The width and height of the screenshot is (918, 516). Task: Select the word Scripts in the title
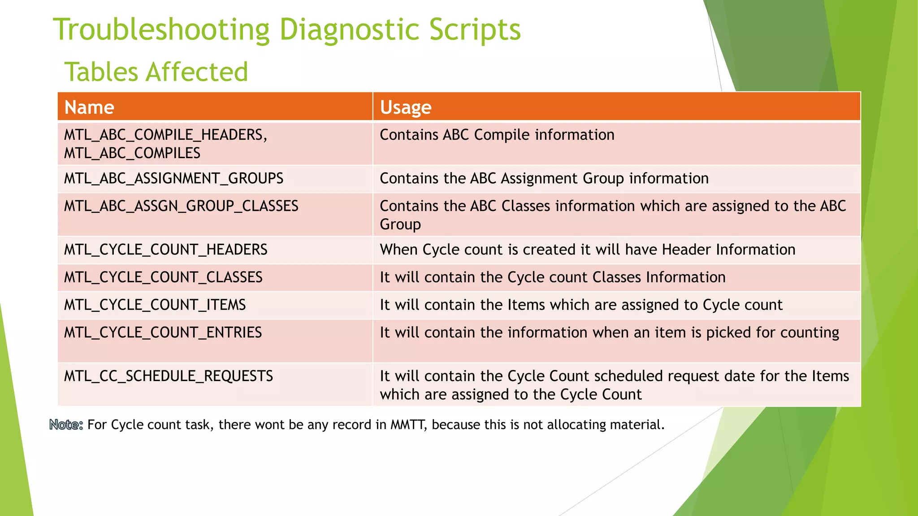coord(475,30)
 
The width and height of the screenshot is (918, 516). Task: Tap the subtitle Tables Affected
coord(156,72)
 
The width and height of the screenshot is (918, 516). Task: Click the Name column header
coord(89,107)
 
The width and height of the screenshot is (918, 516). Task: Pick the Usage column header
coord(405,107)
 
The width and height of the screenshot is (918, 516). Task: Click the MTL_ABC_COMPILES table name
coord(132,153)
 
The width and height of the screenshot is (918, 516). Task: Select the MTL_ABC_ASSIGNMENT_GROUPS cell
coord(173,178)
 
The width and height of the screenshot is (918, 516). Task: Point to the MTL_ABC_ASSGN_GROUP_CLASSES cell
coord(181,206)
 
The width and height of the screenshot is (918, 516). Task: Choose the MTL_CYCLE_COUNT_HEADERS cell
coord(165,249)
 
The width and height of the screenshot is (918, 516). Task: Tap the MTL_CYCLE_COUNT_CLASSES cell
coord(163,277)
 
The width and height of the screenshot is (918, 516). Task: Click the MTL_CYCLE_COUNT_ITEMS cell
coord(155,305)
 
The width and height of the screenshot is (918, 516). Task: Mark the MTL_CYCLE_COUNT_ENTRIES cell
coord(163,332)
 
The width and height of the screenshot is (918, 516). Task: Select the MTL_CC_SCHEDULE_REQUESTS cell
coord(168,376)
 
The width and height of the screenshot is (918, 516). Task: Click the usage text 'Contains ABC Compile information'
coord(497,135)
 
